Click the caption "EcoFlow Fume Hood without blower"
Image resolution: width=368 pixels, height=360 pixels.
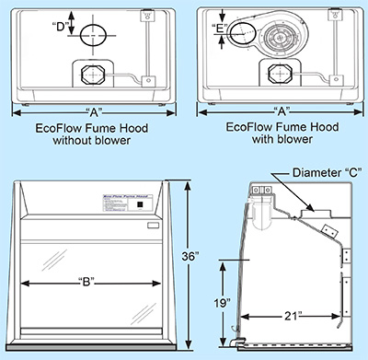coord(91,134)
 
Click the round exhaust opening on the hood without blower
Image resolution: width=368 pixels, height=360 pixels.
coord(94,36)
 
